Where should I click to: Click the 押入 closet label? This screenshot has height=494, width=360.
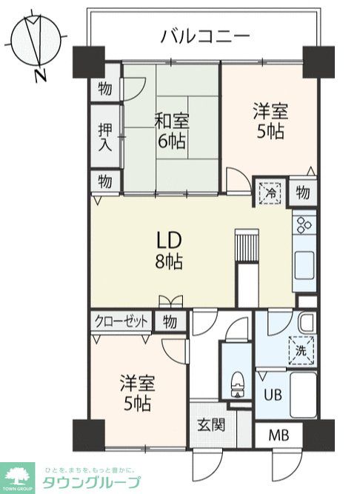[x=105, y=136]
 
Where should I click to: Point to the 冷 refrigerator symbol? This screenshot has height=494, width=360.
[x=271, y=192]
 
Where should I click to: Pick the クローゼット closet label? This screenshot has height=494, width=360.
[x=121, y=321]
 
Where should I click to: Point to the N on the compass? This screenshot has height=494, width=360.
[x=40, y=75]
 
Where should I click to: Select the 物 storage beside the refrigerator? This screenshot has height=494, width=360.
[x=302, y=193]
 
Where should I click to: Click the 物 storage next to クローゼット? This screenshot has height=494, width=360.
[x=170, y=321]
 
